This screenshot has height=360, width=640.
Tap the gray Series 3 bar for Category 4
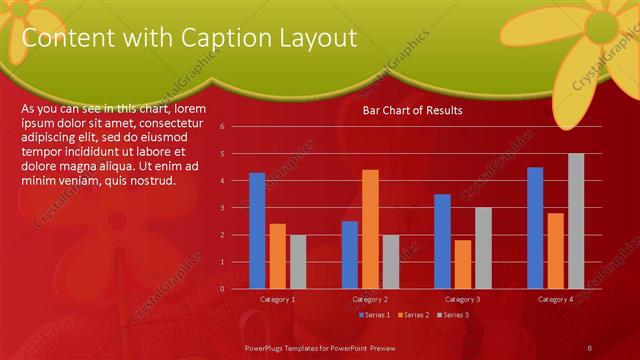tap(576, 221)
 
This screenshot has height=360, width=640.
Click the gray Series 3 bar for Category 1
tap(298, 262)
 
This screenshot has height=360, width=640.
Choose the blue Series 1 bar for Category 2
tap(350, 255)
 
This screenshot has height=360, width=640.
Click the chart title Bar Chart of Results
tap(412, 110)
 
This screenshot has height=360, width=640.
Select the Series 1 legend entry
tap(374, 315)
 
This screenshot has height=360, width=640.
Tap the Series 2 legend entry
tap(415, 315)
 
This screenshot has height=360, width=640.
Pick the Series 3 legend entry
tap(455, 315)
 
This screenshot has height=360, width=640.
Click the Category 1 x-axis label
tap(278, 299)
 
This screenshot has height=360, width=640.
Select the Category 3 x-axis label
tap(463, 299)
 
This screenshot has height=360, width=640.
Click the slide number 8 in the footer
tap(590, 346)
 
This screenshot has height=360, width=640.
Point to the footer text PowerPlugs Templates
tap(290, 346)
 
